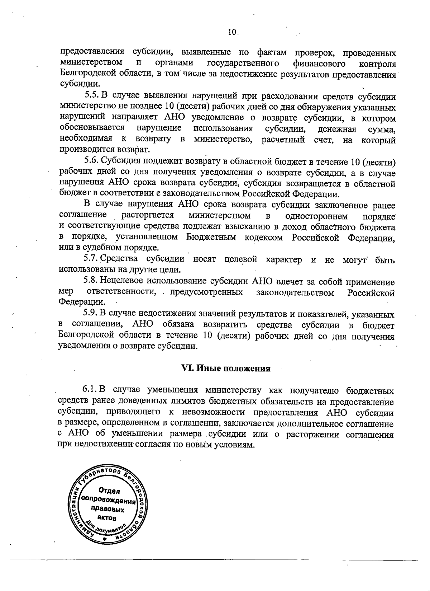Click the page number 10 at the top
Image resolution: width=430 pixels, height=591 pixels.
pos(232,32)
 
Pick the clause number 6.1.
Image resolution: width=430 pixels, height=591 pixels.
pos(90,390)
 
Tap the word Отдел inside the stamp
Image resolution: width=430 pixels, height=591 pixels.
pos(109,491)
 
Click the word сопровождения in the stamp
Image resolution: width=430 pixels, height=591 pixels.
pos(108,499)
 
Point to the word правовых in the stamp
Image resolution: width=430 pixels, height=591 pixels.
pos(108,509)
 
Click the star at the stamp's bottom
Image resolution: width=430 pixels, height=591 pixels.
pos(104,539)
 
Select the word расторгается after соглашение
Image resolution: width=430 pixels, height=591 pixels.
pos(148,215)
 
